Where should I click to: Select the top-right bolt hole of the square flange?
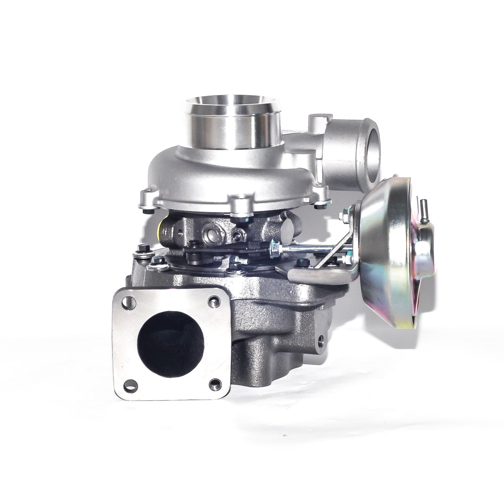214,302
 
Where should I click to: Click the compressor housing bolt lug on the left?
146,196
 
